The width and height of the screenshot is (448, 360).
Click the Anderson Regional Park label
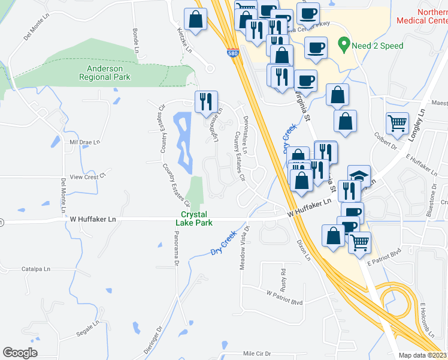coord(105,73)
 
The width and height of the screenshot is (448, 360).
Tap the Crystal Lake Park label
coord(191,218)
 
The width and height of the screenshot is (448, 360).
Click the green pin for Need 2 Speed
coord(344,44)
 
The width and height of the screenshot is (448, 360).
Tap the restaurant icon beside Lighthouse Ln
coord(206,101)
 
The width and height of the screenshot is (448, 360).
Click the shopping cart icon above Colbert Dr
coord(397,123)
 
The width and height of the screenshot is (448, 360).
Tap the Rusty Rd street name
coord(284,277)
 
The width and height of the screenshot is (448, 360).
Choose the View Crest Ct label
coord(87,177)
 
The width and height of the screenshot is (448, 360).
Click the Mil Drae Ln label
coord(84,142)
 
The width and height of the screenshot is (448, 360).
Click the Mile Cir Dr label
coord(258,354)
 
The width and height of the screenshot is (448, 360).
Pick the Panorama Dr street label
coord(177,253)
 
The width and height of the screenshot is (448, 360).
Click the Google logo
coord(20,352)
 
